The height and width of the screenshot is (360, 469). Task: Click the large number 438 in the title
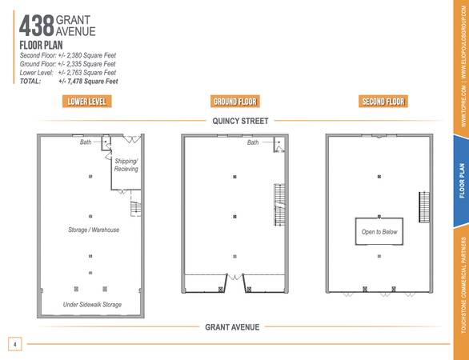pyautogui.click(x=37, y=26)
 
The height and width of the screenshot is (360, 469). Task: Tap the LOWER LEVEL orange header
pyautogui.click(x=86, y=102)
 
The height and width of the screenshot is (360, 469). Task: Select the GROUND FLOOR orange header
pyautogui.click(x=235, y=102)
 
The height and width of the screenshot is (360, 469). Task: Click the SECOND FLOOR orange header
pyautogui.click(x=383, y=102)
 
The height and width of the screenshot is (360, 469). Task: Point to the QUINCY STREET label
pyautogui.click(x=240, y=121)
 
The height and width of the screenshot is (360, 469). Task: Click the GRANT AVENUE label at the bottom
pyautogui.click(x=232, y=327)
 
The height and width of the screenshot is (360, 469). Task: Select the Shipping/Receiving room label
pyautogui.click(x=126, y=165)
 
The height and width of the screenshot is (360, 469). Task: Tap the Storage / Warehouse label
pyautogui.click(x=94, y=230)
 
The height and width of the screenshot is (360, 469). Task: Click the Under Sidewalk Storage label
pyautogui.click(x=92, y=305)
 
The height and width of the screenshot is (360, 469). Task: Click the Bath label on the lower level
pyautogui.click(x=86, y=142)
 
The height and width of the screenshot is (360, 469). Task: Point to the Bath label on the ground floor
pyautogui.click(x=253, y=142)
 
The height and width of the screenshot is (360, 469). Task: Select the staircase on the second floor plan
pyautogui.click(x=424, y=207)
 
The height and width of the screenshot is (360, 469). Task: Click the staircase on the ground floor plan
pyautogui.click(x=279, y=205)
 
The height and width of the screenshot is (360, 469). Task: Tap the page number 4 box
pyautogui.click(x=15, y=344)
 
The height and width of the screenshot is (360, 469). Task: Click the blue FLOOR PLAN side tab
pyautogui.click(x=461, y=181)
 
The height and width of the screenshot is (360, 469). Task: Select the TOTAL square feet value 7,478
pyautogui.click(x=88, y=82)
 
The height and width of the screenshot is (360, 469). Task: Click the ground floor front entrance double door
pyautogui.click(x=234, y=277)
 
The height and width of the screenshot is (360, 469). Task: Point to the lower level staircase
pyautogui.click(x=135, y=209)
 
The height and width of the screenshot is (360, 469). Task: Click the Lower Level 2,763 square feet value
pyautogui.click(x=87, y=73)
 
